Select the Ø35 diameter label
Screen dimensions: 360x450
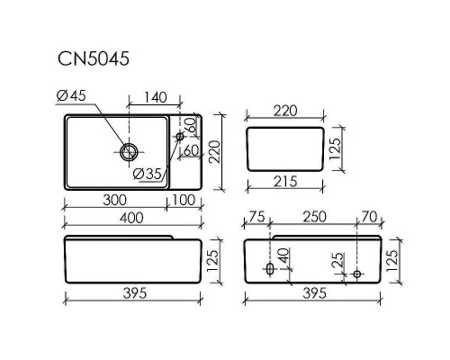pos(147,174)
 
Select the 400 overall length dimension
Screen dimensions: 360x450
pos(132,218)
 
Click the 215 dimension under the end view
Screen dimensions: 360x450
pos(284,182)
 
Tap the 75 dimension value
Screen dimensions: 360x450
pos(257,218)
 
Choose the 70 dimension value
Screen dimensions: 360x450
pos(368,218)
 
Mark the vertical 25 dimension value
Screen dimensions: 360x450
pos(337,263)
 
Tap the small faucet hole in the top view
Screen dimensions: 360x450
pos(179,137)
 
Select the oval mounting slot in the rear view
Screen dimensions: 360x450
pos(270,269)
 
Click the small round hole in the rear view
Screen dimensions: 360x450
pos(356,273)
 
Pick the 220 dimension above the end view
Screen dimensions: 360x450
pos(285,111)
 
